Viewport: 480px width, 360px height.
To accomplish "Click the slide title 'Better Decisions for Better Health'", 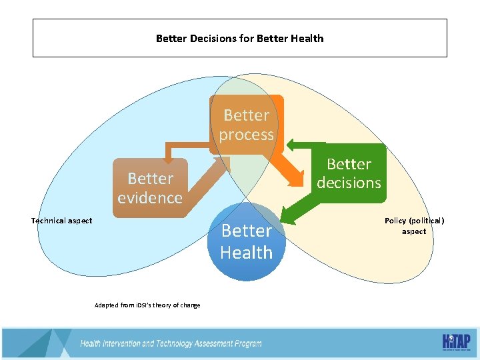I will [x=239, y=39].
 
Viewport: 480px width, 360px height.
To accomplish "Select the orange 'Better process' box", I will [x=247, y=125].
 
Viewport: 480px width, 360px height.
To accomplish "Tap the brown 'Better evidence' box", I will [x=150, y=188].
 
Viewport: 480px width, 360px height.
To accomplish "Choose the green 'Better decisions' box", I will [x=349, y=173].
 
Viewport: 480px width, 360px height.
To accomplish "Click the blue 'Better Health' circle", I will [x=247, y=241].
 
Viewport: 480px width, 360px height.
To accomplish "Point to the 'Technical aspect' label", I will [x=62, y=221].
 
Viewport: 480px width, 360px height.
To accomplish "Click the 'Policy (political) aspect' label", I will [x=414, y=225].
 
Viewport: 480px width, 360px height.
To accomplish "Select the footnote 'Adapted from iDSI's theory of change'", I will [x=147, y=305].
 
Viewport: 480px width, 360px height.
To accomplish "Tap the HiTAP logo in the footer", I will [x=456, y=341].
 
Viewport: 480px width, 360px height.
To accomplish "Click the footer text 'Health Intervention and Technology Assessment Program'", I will [x=171, y=344].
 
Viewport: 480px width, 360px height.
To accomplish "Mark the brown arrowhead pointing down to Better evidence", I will [x=168, y=159].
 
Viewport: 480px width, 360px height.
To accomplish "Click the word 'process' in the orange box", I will [x=247, y=135].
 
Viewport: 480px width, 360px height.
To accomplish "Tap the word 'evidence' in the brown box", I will [x=150, y=198].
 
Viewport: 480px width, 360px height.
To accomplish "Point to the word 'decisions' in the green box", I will [x=349, y=183].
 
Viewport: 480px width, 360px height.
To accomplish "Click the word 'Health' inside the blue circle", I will [x=247, y=253].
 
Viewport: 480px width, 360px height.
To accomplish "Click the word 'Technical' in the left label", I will [x=49, y=221].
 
